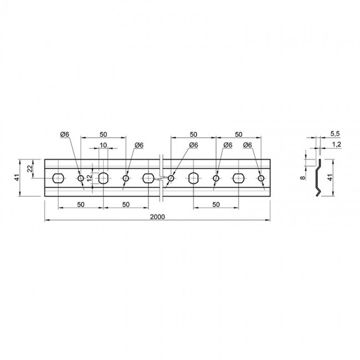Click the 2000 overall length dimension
pos(157,217)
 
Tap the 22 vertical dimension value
pos(29,169)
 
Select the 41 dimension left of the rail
pos(17,177)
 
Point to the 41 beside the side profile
pos(330,177)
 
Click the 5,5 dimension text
pos(335,134)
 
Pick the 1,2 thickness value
pos(336,145)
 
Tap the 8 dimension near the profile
pos(302,177)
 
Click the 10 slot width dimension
pos(104,145)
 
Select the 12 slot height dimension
pos(90,178)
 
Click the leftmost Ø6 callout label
pos(65,135)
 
